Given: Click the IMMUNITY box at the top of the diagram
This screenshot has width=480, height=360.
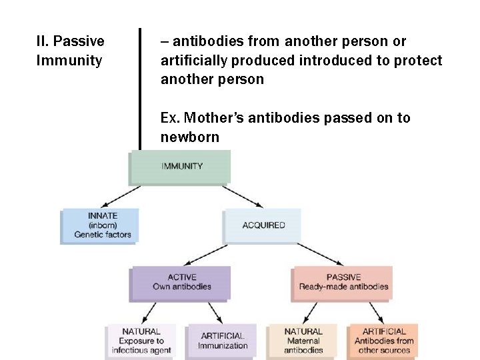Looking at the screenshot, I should click(x=181, y=166).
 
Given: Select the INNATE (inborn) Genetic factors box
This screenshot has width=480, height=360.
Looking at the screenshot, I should click(x=101, y=225).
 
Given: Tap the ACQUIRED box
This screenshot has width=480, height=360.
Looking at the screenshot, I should click(x=263, y=225).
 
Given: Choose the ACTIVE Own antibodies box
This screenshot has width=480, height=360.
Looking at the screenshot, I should click(x=181, y=282).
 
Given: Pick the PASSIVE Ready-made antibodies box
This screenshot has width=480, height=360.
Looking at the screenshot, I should click(x=343, y=282).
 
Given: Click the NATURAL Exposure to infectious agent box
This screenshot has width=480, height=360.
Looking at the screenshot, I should click(x=141, y=341).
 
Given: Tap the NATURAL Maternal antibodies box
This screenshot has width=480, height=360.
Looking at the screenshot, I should click(x=303, y=341).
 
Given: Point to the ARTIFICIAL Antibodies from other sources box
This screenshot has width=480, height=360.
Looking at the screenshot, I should click(x=383, y=341).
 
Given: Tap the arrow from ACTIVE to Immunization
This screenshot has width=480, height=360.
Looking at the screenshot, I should click(x=214, y=312).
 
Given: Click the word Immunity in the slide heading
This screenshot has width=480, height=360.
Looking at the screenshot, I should click(x=69, y=61).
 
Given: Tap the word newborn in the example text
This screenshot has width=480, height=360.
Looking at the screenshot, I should click(x=189, y=137).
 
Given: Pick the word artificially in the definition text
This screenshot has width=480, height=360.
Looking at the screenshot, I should click(x=194, y=61).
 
